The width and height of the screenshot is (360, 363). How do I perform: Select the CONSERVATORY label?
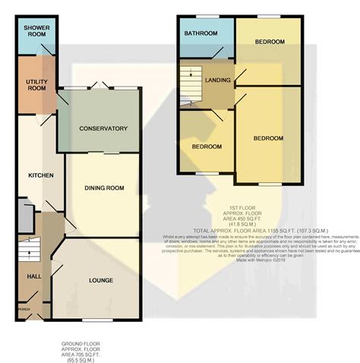coord(103,128)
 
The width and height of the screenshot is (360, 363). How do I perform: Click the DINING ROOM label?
coord(103,188)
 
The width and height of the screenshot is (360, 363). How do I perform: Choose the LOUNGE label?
coord(100,280)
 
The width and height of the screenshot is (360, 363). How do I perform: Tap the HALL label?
coord(24,277)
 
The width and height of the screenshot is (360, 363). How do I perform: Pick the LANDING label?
coord(217,80)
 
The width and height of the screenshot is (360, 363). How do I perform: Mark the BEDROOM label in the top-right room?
coord(270,41)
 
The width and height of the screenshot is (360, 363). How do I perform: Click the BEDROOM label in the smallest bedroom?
coord(207,146)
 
